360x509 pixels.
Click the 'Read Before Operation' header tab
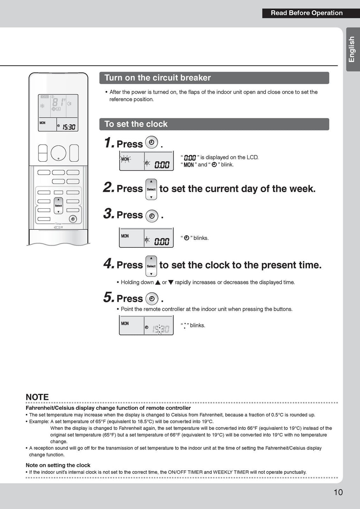click(306, 13)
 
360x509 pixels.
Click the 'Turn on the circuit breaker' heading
click(157, 78)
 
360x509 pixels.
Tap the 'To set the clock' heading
click(136, 124)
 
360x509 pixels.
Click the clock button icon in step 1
click(152, 142)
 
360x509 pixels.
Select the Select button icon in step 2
click(151, 189)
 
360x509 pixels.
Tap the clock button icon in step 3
click(152, 216)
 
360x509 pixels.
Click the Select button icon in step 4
click(151, 266)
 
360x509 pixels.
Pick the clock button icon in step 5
click(152, 299)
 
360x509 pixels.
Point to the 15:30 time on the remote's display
click(69, 127)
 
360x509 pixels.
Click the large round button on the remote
click(58, 153)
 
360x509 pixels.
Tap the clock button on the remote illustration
click(73, 219)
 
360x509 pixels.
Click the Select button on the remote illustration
click(58, 205)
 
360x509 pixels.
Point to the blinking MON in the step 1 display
click(125, 159)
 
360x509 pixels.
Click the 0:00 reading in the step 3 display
click(162, 242)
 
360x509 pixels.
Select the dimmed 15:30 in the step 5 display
click(161, 329)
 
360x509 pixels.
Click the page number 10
click(338, 492)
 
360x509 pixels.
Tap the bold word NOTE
click(37, 397)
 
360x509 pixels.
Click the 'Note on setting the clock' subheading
click(58, 465)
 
